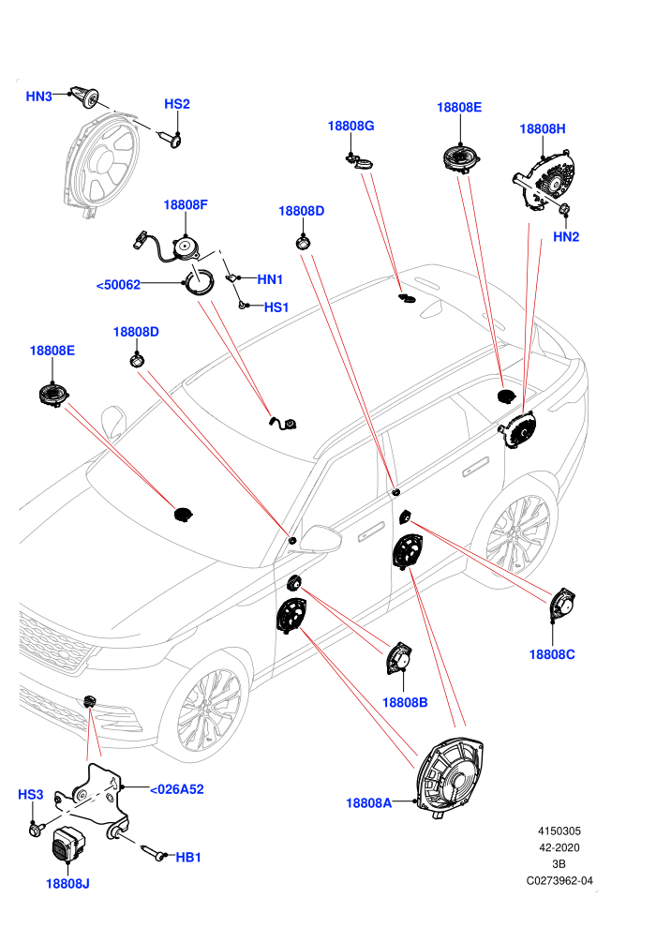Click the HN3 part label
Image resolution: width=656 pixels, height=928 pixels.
[x=39, y=96]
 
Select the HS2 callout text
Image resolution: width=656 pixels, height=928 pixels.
[x=177, y=104]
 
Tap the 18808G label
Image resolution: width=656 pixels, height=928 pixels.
[x=350, y=126]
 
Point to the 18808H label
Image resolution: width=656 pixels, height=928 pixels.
[x=543, y=128]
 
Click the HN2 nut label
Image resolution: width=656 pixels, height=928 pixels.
[x=566, y=237]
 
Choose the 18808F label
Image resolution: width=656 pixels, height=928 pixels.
[x=186, y=204]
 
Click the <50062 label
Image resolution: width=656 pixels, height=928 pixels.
[x=118, y=285]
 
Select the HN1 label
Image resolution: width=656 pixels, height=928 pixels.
[x=270, y=279]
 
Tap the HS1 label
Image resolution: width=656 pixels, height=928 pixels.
[x=276, y=307]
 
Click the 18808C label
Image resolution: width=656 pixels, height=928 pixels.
[x=552, y=654]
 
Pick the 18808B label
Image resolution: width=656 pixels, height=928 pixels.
[x=405, y=702]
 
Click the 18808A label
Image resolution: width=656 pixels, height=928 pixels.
[x=368, y=803]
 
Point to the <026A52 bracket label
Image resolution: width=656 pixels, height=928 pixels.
[x=177, y=789]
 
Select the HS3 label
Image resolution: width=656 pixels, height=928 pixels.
[x=31, y=794]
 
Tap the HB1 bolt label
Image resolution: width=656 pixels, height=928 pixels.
[x=188, y=857]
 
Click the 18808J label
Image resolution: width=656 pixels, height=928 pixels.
[x=67, y=884]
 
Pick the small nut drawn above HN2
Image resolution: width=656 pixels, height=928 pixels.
[x=564, y=209]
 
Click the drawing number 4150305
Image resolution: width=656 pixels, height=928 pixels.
[x=559, y=831]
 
